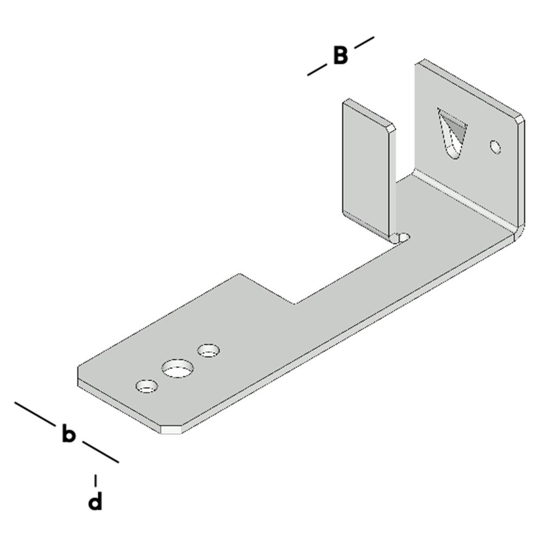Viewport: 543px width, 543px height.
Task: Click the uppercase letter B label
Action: pos(340,55)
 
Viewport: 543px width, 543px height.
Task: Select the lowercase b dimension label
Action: pos(68,434)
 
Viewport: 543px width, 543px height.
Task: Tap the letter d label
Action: pos(95,502)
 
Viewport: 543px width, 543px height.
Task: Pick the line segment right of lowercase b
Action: pos(100,452)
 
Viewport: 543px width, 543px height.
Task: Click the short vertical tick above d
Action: pos(96,480)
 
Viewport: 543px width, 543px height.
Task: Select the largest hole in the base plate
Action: pos(177,369)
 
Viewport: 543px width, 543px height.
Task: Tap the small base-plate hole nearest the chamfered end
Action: pos(147,387)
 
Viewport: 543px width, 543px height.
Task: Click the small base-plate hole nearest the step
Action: pos(208,350)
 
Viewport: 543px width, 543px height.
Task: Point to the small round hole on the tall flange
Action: pos(495,147)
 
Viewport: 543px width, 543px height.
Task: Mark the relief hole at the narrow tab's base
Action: pos(403,237)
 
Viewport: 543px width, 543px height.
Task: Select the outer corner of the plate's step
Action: pos(239,275)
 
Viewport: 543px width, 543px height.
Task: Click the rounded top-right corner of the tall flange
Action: pos(520,118)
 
